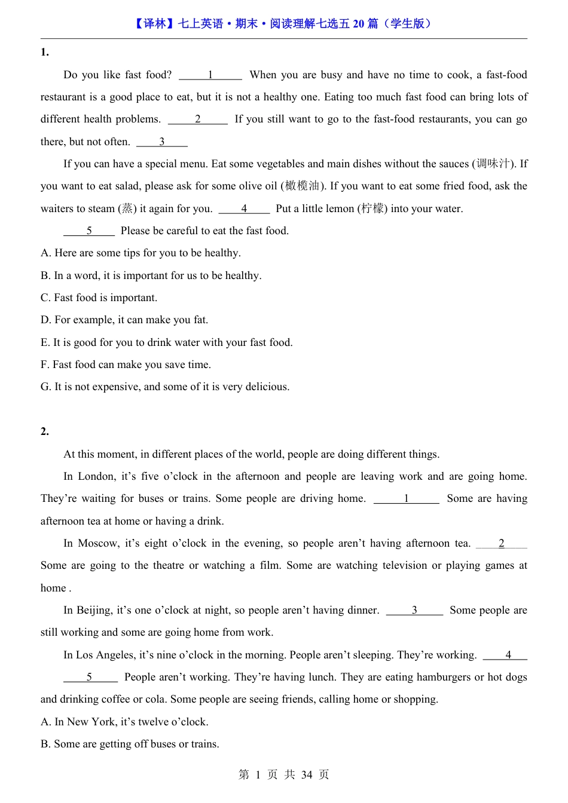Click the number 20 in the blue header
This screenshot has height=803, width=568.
pos(359,24)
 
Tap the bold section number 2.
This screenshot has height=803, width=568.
pos(44,431)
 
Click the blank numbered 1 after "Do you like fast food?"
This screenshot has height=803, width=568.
pos(210,75)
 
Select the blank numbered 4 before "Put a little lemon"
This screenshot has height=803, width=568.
pos(244,209)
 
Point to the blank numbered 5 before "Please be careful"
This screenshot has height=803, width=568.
pos(89,231)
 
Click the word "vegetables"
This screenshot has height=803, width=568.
pos(282,164)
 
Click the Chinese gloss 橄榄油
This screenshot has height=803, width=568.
pos(302,186)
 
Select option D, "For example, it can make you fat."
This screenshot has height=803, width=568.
pos(124,320)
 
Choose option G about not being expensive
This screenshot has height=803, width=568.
pos(165,387)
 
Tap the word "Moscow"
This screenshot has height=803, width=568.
pos(98,543)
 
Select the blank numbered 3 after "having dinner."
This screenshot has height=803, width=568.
pos(414,610)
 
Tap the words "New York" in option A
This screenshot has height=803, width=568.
pos(91,722)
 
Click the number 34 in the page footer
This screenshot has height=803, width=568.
pos(307,775)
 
